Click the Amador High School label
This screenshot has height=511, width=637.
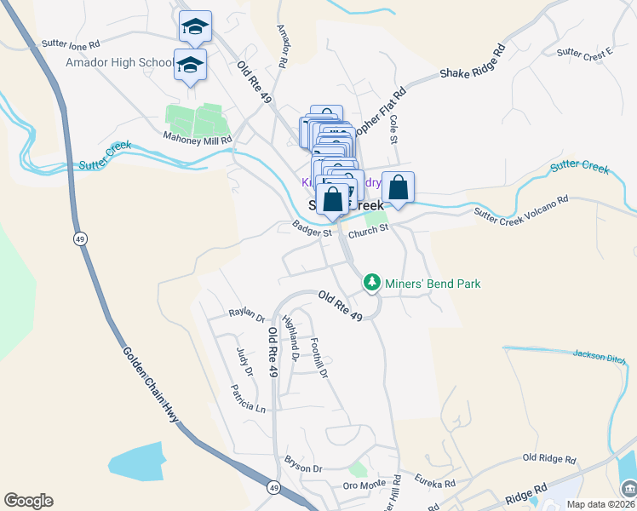click(x=118, y=63)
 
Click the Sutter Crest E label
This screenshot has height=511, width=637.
click(x=585, y=54)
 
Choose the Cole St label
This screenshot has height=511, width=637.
click(x=393, y=129)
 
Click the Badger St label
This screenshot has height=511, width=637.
click(x=311, y=230)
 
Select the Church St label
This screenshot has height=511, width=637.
click(x=368, y=228)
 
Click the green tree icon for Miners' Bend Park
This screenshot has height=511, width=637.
click(x=371, y=282)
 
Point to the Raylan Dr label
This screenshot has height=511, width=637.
click(x=247, y=314)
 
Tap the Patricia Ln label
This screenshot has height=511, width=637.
click(x=247, y=397)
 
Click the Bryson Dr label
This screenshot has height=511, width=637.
click(x=304, y=468)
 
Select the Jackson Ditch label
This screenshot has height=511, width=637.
click(x=599, y=355)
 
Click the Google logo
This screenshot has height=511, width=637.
click(x=28, y=501)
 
